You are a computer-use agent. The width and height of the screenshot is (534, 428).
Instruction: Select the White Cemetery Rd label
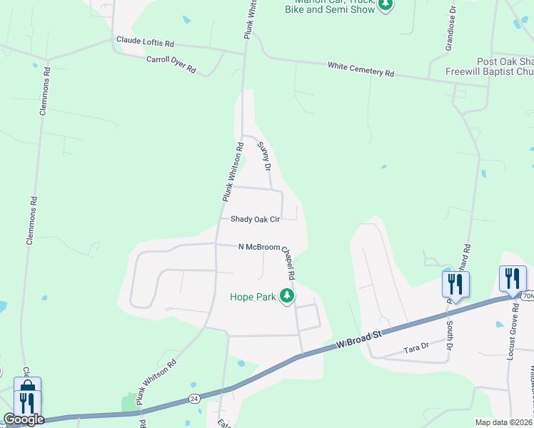pos(361,69)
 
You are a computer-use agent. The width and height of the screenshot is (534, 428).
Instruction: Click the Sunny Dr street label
pos(264,156)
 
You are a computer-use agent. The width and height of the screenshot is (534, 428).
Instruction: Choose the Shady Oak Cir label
pos(254,220)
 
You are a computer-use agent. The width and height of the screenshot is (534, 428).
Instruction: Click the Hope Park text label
pos(253,297)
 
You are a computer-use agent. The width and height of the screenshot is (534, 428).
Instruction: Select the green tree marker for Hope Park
pos(287,295)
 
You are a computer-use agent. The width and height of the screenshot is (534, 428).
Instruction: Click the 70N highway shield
pos(527,295)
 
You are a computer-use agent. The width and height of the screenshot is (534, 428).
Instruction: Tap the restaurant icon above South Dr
pos(453,284)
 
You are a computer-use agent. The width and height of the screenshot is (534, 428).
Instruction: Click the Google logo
pos(24,419)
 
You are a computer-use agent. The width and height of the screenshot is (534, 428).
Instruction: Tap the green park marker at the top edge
pos(386,4)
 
